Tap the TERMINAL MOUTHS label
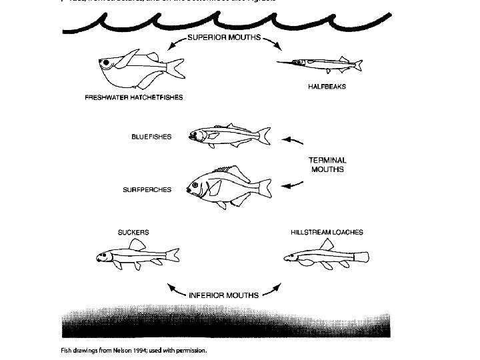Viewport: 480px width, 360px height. (327, 165)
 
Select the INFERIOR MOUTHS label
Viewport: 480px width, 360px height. (223, 294)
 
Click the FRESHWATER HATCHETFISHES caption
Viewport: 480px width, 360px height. (133, 97)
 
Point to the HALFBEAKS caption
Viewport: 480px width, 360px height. (327, 87)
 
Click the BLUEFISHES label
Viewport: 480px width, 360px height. (151, 137)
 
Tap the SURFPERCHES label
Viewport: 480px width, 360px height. (147, 189)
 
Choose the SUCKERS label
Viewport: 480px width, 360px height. (133, 233)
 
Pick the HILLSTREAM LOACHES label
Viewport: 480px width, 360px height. (327, 233)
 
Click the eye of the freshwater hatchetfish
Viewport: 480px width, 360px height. (106, 63)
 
